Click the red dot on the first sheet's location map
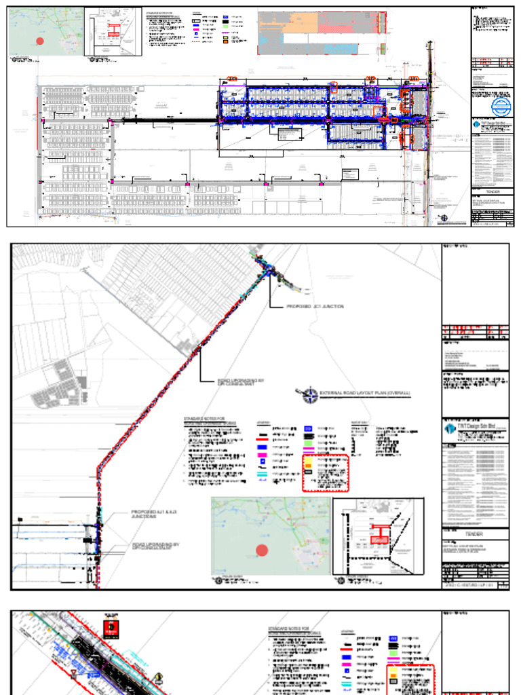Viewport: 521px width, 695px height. (40, 41)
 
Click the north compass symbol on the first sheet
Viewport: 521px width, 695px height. (444, 218)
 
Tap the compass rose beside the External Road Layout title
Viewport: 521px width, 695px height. (309, 394)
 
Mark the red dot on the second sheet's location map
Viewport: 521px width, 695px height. (262, 550)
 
